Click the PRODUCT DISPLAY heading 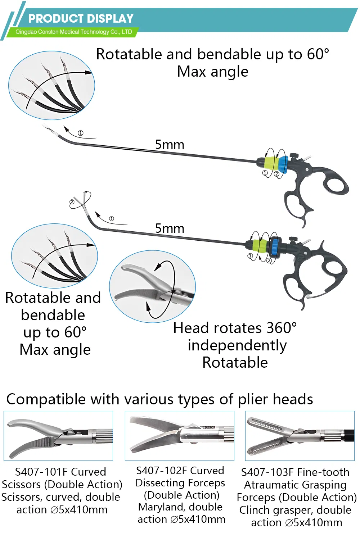point(81,18)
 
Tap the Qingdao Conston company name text point(73,32)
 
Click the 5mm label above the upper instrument point(170,145)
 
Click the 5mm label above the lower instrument point(170,228)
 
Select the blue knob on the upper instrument point(283,164)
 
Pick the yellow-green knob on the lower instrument point(261,245)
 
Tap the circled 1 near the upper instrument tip point(81,133)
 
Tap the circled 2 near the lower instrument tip point(72,202)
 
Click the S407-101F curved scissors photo point(58,436)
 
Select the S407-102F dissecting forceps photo point(179,436)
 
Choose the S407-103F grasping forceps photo point(300,436)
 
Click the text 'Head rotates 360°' point(235,328)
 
